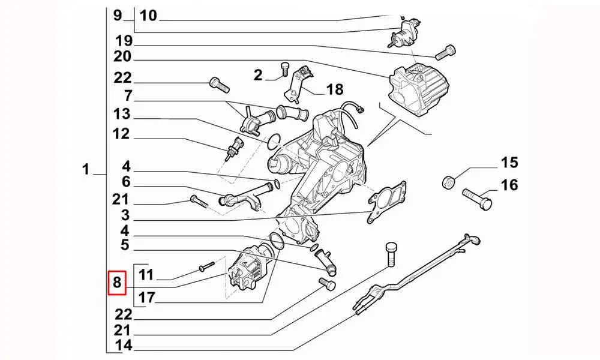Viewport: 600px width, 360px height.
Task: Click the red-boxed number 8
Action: click(x=116, y=283)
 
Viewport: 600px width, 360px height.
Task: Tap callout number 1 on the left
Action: click(x=86, y=170)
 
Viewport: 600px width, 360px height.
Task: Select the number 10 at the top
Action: click(x=148, y=15)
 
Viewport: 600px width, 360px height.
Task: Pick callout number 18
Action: click(x=334, y=90)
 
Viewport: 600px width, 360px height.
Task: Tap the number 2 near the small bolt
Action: click(x=258, y=75)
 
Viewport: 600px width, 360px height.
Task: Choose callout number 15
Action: click(x=509, y=163)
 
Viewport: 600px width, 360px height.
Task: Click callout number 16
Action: click(x=509, y=185)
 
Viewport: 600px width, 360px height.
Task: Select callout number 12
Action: click(x=121, y=134)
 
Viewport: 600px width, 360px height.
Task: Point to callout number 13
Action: click(x=121, y=114)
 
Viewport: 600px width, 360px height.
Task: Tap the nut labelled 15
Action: click(x=447, y=182)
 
